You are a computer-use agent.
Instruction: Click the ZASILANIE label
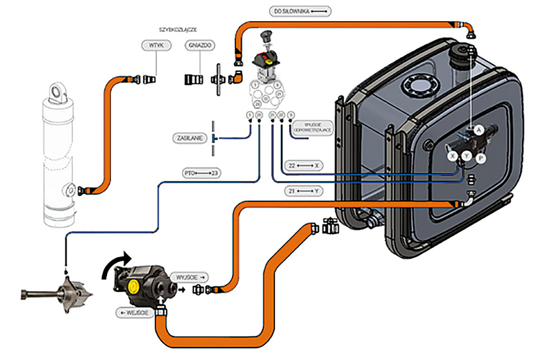[x=189, y=138]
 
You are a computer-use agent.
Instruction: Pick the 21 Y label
[x=302, y=191]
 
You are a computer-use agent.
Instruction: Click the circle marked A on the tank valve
[x=478, y=130]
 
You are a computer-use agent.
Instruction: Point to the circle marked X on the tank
[x=453, y=156]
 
